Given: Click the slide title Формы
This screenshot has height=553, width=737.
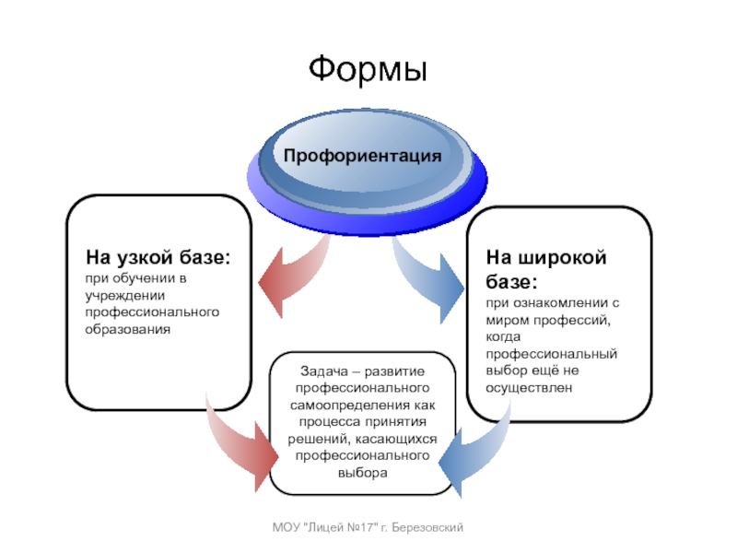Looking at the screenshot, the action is click(x=368, y=70).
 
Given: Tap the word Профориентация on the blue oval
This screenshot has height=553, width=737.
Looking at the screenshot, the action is click(x=362, y=156).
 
